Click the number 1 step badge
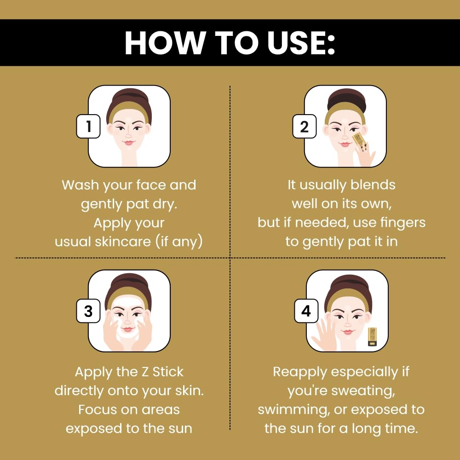(88, 126)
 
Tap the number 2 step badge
(304, 126)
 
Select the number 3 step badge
(88, 311)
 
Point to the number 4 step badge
(306, 311)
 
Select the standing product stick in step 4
(372, 337)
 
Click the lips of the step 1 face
(128, 143)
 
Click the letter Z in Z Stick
(145, 372)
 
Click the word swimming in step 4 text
(294, 410)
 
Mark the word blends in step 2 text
(373, 185)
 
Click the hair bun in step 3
(128, 282)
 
